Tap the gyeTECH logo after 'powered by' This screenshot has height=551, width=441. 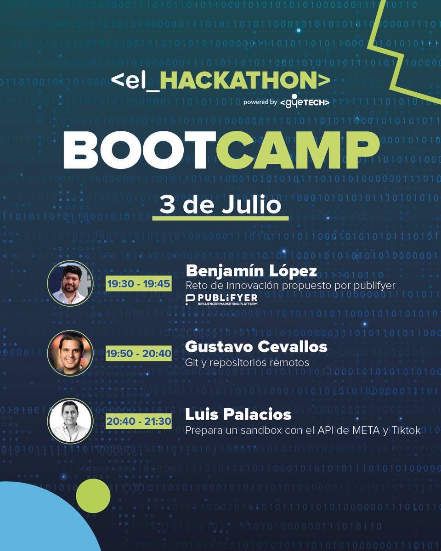pos(305,102)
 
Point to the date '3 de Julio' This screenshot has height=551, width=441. pos(220,204)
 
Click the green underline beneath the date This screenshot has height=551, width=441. pos(220,218)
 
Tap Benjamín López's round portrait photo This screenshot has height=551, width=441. pos(70,283)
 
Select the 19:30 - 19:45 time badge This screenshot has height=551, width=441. pos(138,284)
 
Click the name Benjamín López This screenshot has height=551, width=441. pos(251,271)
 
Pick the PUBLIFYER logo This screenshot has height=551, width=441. pos(221,300)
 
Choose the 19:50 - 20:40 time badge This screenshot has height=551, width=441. pos(138,354)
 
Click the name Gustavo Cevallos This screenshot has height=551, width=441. pos(256,347)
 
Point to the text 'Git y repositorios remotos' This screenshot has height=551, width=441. pos(247,363)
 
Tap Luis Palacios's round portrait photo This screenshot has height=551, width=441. pos(70,421)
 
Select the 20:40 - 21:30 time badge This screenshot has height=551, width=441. pos(138,422)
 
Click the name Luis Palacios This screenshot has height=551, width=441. pos(238,415)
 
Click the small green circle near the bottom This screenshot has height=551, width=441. pos(93,496)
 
